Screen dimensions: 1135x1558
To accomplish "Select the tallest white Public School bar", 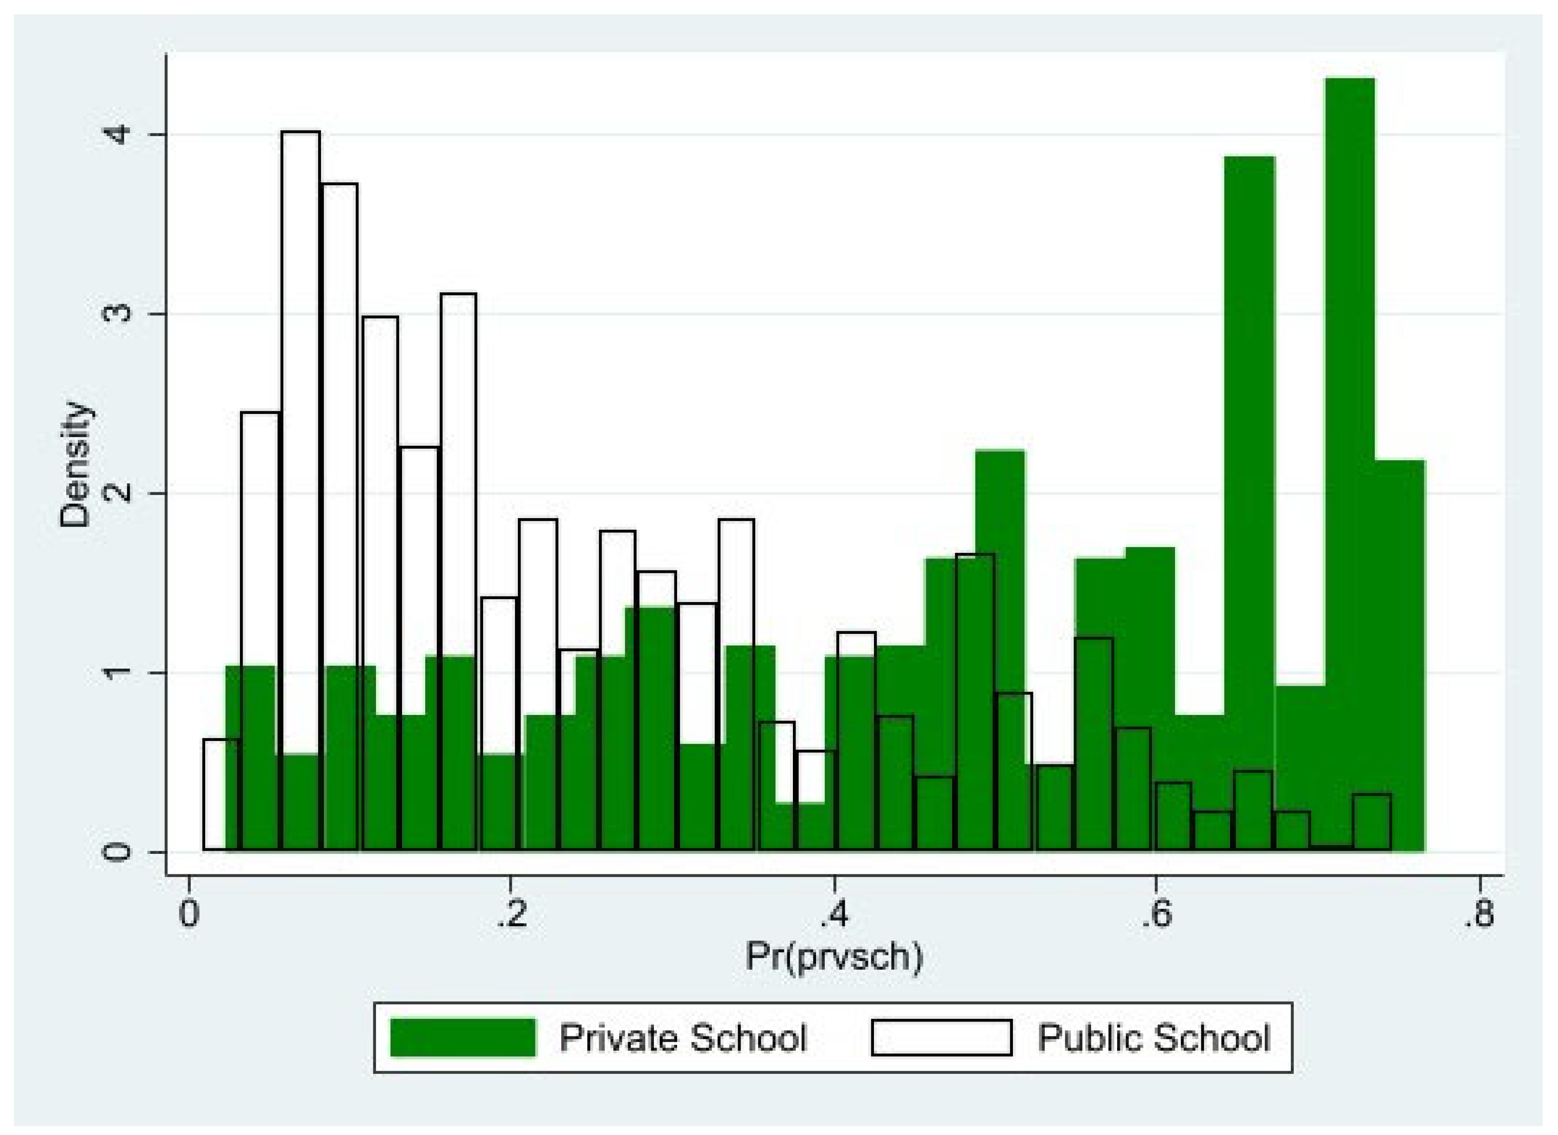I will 300,412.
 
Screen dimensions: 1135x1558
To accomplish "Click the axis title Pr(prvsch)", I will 834,957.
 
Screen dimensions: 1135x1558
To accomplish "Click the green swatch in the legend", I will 462,1037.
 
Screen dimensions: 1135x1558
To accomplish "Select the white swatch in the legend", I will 941,1037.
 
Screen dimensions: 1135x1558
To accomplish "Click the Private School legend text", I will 682,1037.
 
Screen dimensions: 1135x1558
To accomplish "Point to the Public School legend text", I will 1153,1037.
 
